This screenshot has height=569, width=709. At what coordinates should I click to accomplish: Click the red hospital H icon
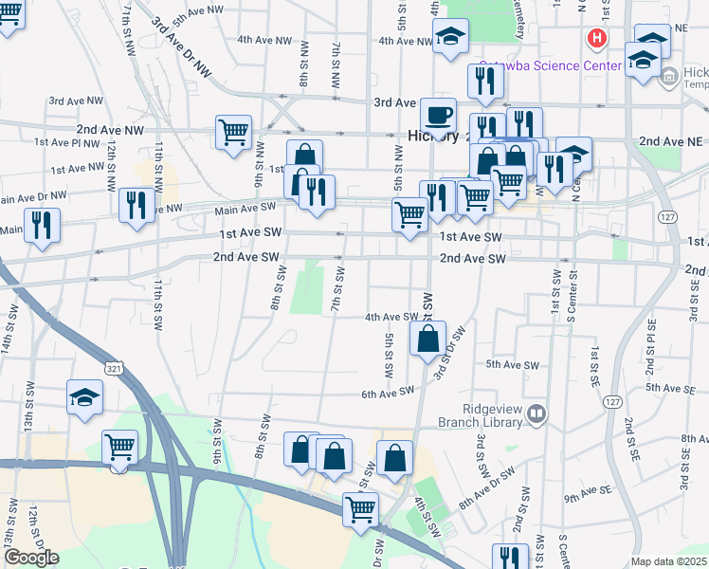[597, 39]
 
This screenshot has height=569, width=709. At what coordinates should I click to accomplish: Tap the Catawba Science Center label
[550, 66]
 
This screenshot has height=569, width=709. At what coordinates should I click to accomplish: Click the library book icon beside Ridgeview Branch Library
[537, 413]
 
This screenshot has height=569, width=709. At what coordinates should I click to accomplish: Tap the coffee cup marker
[438, 115]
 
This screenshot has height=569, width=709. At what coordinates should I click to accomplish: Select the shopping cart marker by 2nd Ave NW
[233, 132]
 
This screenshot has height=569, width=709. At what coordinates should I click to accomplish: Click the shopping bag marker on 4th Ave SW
[427, 339]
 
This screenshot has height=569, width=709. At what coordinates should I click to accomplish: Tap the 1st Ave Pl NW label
[66, 142]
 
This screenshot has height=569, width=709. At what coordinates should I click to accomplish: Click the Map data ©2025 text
[669, 562]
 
